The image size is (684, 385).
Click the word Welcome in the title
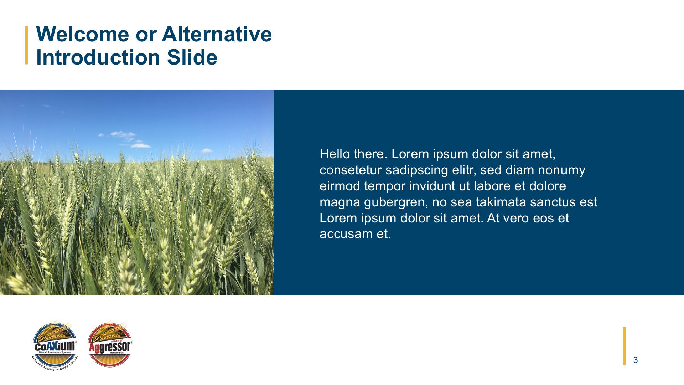[x=83, y=34]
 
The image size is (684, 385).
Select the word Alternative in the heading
[x=217, y=34]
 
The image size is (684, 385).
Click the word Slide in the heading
[x=192, y=57]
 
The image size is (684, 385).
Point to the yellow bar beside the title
[x=27, y=45]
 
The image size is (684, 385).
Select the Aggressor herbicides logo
[x=110, y=345]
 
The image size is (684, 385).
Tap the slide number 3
[x=636, y=360]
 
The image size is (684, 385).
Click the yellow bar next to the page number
[x=624, y=346]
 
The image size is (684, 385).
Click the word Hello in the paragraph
[x=335, y=154]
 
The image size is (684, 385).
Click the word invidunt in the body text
[x=432, y=186]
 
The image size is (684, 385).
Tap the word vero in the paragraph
[x=515, y=219]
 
